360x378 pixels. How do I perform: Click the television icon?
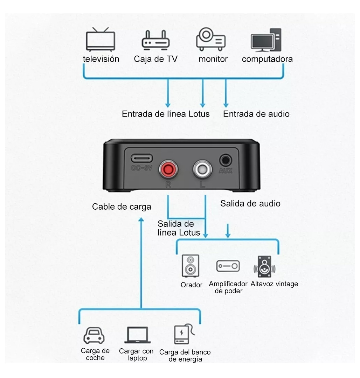[101, 40]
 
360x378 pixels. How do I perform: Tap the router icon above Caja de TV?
[156, 41]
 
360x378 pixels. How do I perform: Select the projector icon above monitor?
[211, 39]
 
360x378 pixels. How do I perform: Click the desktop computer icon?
[266, 40]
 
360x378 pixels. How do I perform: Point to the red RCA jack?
[168, 169]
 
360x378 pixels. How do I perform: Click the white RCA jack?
[202, 169]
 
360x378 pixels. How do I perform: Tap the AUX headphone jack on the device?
[226, 160]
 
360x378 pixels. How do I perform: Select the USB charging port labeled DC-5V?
[141, 158]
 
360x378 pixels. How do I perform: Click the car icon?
[94, 335]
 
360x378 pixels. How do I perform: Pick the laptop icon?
[137, 335]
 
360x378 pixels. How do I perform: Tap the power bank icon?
[184, 334]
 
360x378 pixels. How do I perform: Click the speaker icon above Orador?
[191, 266]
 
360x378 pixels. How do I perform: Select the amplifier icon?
[228, 266]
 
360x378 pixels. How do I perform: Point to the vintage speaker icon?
[264, 267]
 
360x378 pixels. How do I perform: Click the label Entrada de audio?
[256, 114]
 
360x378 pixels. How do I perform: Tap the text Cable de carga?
[122, 207]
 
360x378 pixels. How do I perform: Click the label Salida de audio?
[250, 203]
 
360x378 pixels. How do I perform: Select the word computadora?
[267, 59]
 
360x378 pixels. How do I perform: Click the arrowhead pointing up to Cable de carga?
[141, 219]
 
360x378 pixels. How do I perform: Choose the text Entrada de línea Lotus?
[166, 114]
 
